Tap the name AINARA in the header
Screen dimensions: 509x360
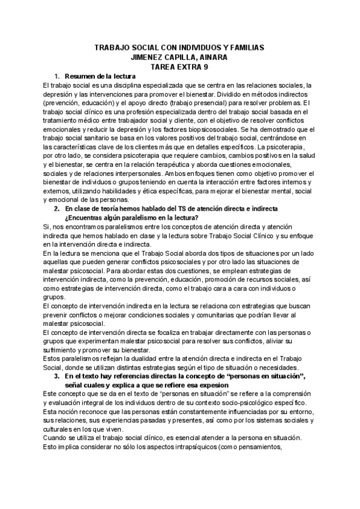coord(214,58)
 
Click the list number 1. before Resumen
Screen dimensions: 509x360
coord(58,77)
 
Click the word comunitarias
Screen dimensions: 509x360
coord(212,315)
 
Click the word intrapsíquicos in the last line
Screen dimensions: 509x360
coord(173,446)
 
